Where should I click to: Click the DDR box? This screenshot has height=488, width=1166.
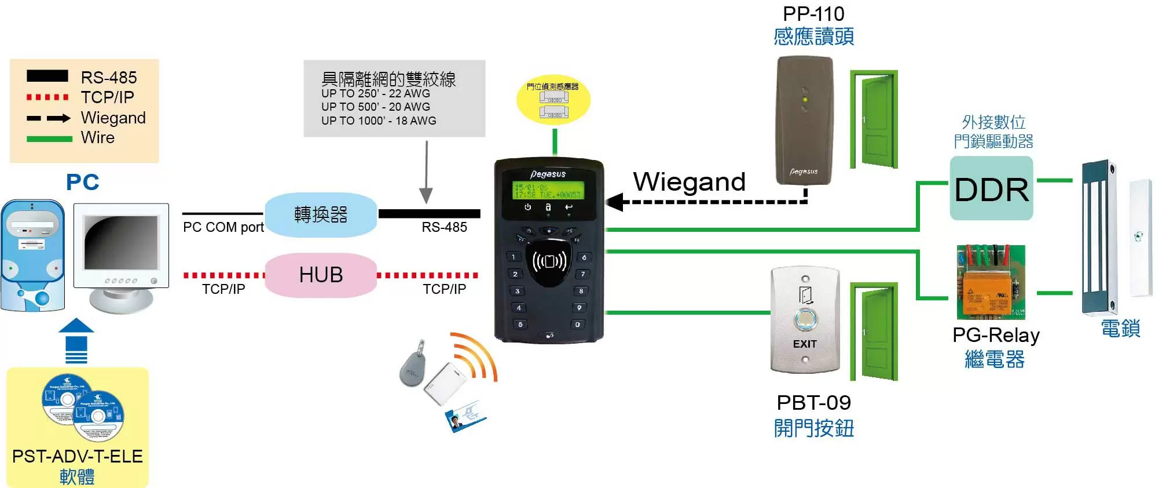991,189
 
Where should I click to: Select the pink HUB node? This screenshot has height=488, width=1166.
321,275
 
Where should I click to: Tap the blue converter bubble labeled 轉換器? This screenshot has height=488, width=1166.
321,214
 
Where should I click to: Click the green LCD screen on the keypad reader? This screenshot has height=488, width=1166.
548,191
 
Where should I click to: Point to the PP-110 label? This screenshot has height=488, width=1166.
813,13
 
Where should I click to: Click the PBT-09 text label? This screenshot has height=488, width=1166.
813,402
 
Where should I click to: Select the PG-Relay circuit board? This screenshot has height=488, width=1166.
990,283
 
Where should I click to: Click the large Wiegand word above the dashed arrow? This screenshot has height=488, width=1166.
689,181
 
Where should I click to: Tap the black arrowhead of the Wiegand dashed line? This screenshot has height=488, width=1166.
615,202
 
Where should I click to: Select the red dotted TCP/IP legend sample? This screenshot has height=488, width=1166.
47,97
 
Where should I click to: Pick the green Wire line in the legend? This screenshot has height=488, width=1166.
49,139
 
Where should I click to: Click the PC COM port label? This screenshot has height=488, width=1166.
223,227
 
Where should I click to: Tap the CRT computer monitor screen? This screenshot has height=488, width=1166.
120,243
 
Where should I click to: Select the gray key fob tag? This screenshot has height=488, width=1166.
412,365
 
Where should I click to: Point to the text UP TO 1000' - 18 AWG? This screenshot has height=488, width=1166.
379,121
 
